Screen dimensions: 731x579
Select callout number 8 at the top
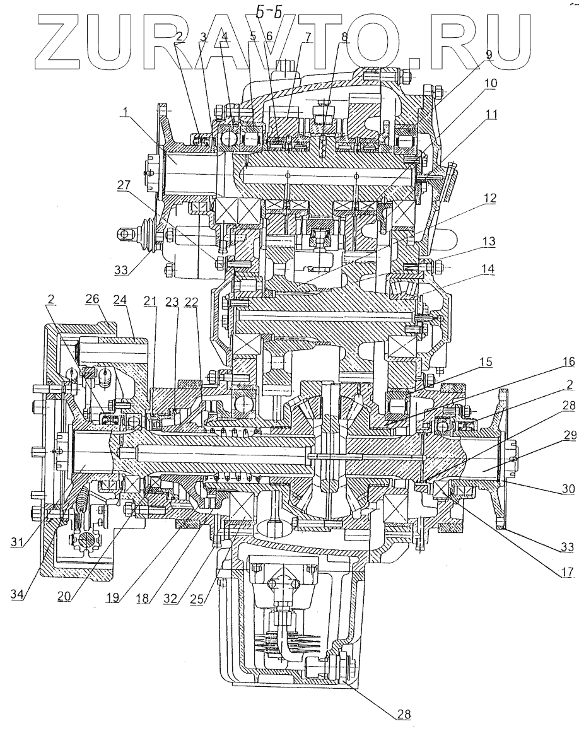point(344,36)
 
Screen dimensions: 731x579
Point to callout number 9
point(489,55)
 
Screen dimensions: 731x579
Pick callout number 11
point(491,114)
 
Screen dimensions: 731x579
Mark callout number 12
point(489,198)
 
